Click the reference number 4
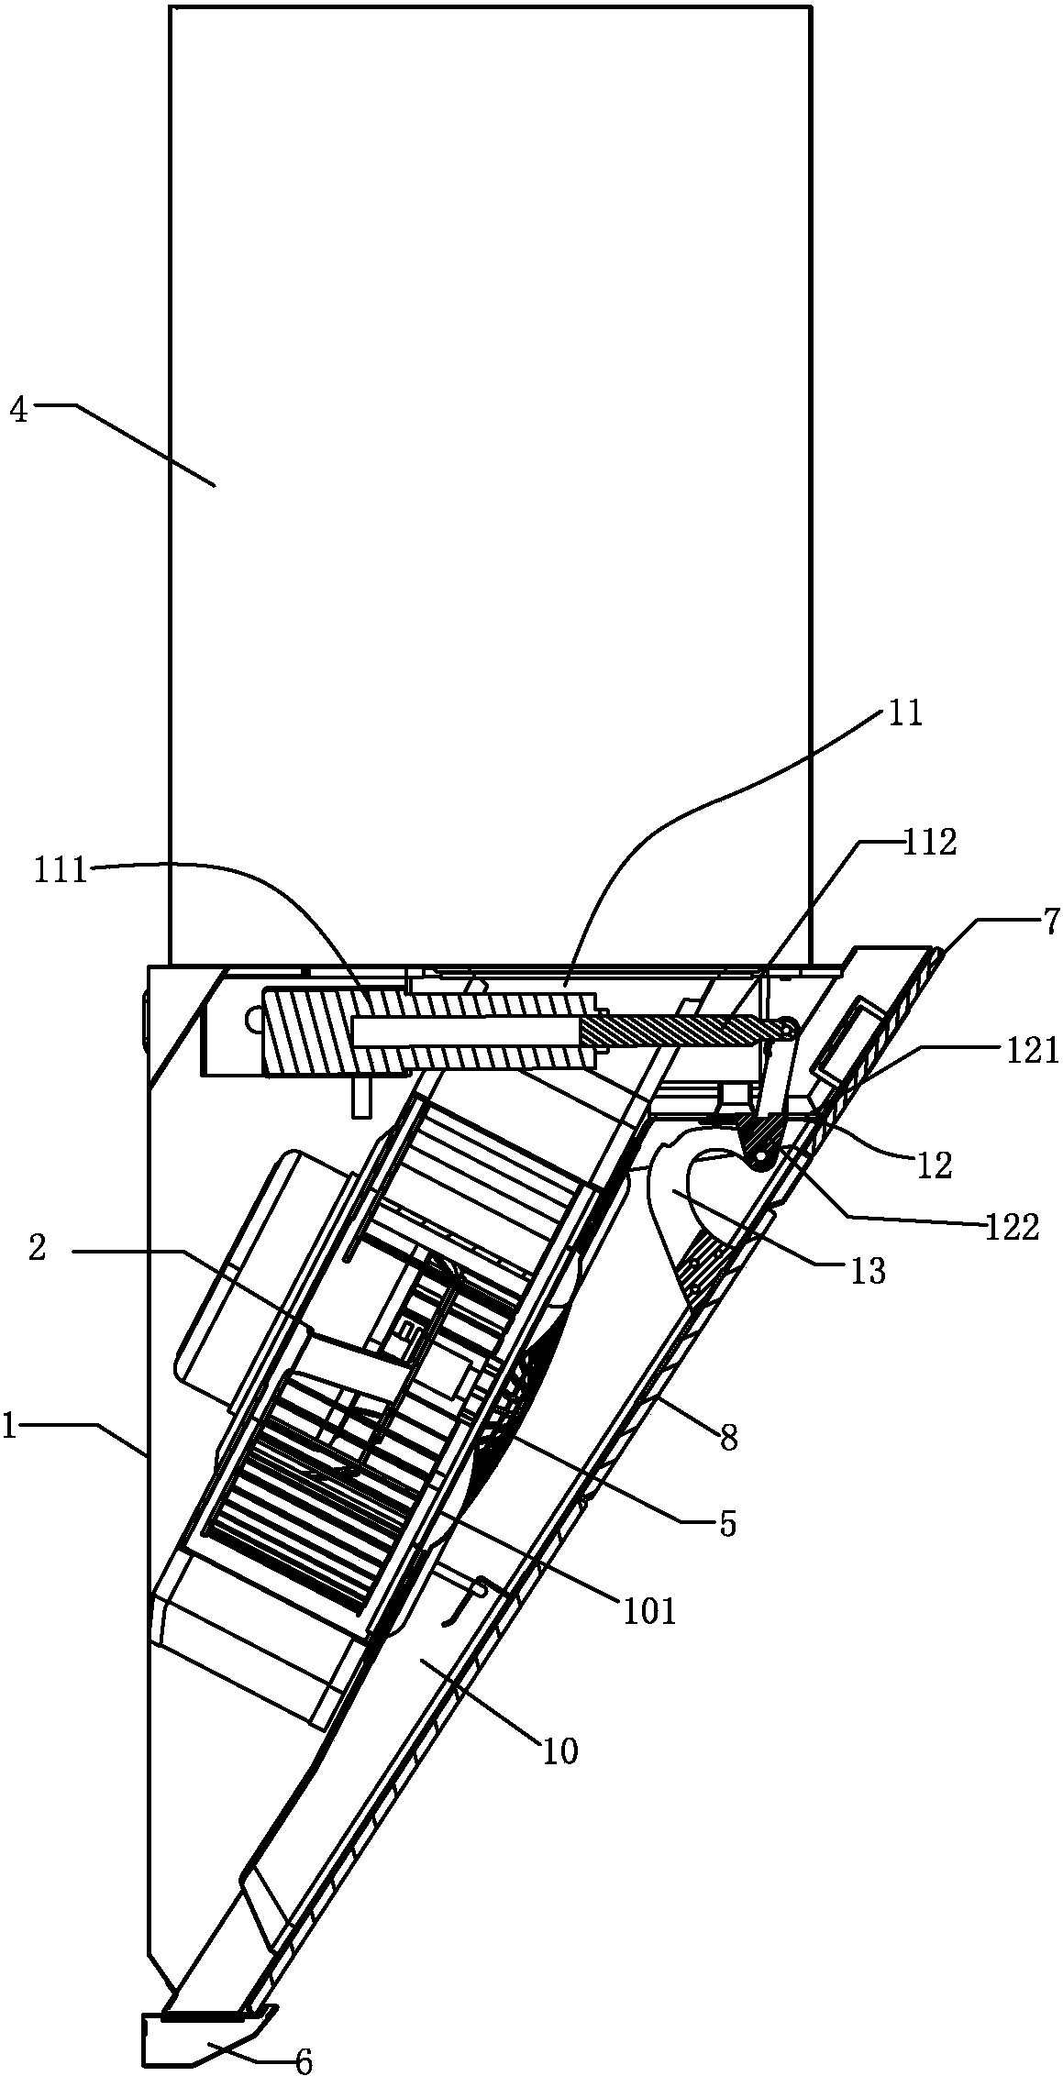click(x=18, y=410)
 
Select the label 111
click(x=61, y=870)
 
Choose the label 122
click(x=1013, y=1226)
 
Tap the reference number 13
click(x=867, y=1270)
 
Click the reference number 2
click(x=37, y=1249)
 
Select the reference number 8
click(x=728, y=1438)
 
